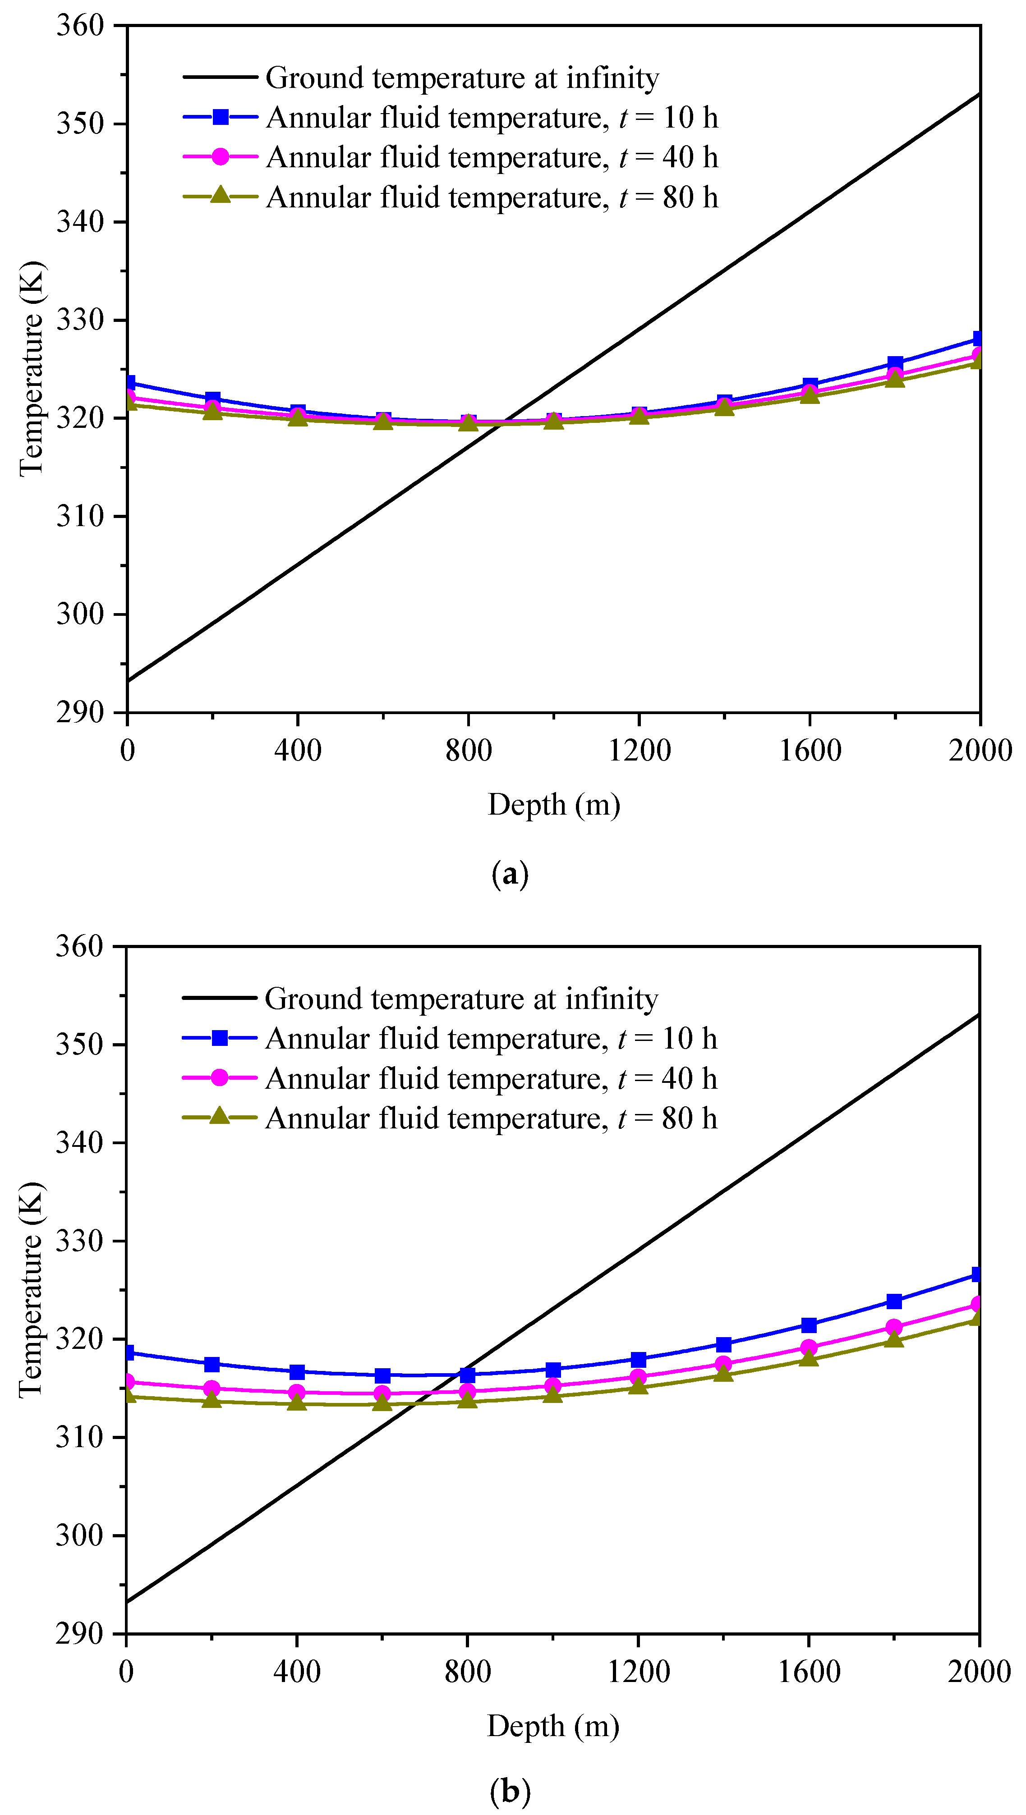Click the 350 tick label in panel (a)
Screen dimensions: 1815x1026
pyautogui.click(x=80, y=124)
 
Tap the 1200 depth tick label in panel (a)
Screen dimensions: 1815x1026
pyautogui.click(x=639, y=750)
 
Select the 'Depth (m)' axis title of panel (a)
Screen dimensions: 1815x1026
pyautogui.click(x=554, y=805)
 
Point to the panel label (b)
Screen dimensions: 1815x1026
pyautogui.click(x=510, y=1790)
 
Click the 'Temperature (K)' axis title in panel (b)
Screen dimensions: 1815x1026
pyautogui.click(x=31, y=1290)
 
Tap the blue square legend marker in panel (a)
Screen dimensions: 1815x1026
pyautogui.click(x=220, y=118)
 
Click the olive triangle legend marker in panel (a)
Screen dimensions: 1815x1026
pyautogui.click(x=220, y=195)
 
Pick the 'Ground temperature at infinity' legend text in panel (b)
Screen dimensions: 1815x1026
pyautogui.click(x=461, y=999)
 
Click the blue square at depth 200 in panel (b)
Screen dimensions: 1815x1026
pyautogui.click(x=212, y=1364)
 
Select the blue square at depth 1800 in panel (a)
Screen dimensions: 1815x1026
pyautogui.click(x=894, y=363)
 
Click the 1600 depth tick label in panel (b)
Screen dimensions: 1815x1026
pyautogui.click(x=808, y=1671)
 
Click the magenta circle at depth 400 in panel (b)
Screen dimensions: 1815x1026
pyautogui.click(x=297, y=1392)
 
